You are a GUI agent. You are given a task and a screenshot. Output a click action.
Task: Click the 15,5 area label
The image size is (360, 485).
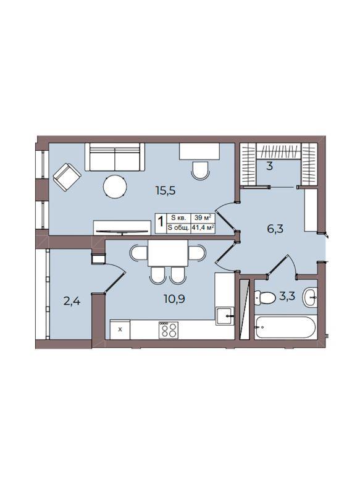pyautogui.click(x=165, y=190)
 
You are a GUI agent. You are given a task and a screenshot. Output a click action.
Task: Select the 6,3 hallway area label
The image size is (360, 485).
pyautogui.click(x=275, y=229)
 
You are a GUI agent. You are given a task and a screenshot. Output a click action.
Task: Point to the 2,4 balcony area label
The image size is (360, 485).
pyautogui.click(x=72, y=301)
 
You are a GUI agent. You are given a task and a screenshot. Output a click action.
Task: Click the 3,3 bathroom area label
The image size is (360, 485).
pyautogui.click(x=287, y=296)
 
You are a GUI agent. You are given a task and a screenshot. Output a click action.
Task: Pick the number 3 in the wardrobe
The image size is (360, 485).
pyautogui.click(x=269, y=166)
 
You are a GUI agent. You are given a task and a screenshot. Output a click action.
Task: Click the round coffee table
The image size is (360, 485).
pyautogui.click(x=115, y=187)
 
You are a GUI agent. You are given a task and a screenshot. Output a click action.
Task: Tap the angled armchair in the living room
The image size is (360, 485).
pyautogui.click(x=67, y=177)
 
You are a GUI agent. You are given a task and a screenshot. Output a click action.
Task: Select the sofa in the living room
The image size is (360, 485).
pyautogui.click(x=115, y=157)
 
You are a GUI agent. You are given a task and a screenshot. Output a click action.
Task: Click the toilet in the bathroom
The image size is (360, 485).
pyautogui.click(x=265, y=298)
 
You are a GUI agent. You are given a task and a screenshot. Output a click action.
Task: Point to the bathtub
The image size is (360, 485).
pyautogui.click(x=285, y=327)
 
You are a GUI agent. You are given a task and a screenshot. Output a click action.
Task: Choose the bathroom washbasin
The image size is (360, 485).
pyautogui.click(x=310, y=297)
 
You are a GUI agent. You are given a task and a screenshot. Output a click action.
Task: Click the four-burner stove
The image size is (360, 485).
pyautogui.click(x=169, y=330)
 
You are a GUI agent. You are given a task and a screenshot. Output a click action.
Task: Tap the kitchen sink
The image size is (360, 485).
pyautogui.click(x=225, y=316)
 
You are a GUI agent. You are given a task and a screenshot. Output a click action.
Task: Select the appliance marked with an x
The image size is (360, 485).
pyautogui.click(x=120, y=330)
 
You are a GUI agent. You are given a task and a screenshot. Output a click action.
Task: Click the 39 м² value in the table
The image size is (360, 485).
pyautogui.click(x=203, y=217)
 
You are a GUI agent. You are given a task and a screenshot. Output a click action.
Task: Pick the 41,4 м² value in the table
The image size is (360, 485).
pyautogui.click(x=203, y=228)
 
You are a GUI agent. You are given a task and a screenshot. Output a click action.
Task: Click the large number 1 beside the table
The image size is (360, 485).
pyautogui.click(x=161, y=221)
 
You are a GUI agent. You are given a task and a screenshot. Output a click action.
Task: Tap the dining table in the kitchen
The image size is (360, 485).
pyautogui.click(x=168, y=253)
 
